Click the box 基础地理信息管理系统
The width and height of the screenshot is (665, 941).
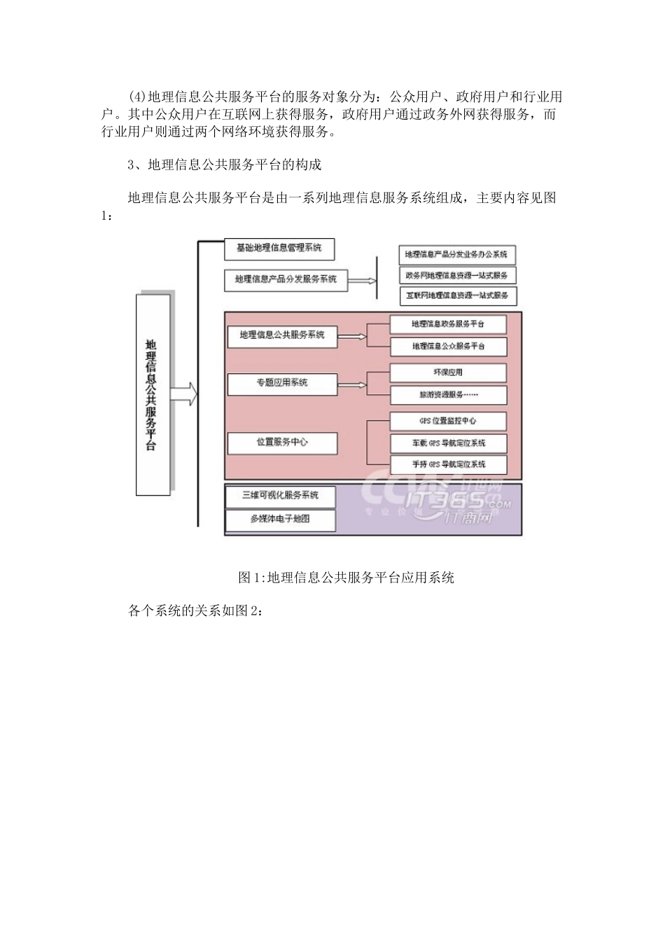[x=279, y=249]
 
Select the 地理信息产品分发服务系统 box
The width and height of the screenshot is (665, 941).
[x=286, y=280]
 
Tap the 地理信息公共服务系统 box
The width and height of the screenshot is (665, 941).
[x=282, y=336]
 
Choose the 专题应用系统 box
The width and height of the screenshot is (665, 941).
[x=282, y=384]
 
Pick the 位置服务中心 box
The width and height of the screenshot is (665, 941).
[x=282, y=442]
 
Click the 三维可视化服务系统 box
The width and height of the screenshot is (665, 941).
[x=280, y=496]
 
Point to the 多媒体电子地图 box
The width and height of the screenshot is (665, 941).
[x=280, y=520]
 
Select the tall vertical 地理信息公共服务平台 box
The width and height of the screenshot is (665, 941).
[x=152, y=395]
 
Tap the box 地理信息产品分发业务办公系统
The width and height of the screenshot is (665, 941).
[x=456, y=254]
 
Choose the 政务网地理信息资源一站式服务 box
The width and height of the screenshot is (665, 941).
[x=456, y=275]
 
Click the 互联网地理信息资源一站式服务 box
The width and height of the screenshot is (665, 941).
[x=458, y=295]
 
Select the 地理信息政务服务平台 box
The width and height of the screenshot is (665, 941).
[x=448, y=324]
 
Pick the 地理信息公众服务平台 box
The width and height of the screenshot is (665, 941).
[x=448, y=346]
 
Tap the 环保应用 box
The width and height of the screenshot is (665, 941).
[x=448, y=372]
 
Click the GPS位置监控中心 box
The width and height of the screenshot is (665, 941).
[x=448, y=421]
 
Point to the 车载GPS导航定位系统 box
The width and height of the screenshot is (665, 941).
[x=448, y=443]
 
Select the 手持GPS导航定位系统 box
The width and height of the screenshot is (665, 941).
[x=448, y=464]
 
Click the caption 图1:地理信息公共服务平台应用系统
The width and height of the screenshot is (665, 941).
[x=346, y=578]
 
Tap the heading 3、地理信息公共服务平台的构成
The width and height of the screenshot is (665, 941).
[x=225, y=165]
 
